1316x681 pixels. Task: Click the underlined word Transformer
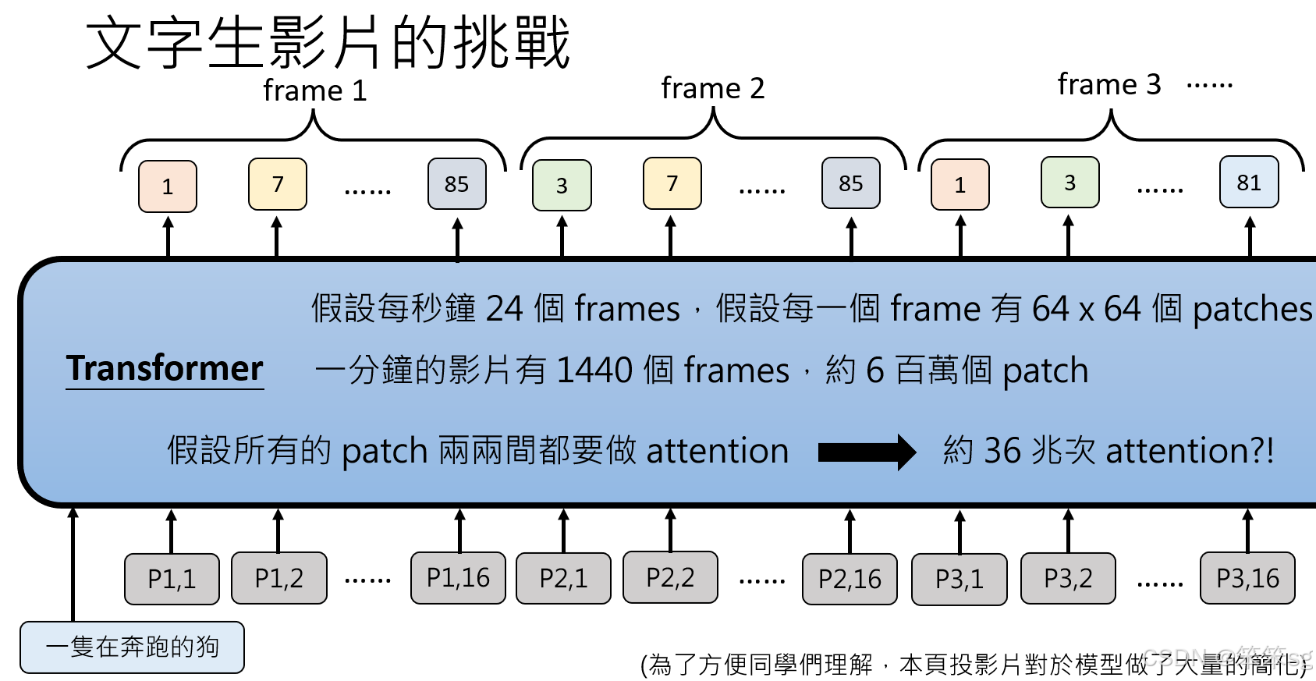tap(165, 368)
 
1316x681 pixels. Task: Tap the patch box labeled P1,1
tap(172, 579)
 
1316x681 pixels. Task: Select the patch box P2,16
tap(850, 579)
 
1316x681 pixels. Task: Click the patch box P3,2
tap(1068, 579)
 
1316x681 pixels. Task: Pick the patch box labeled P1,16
tap(458, 578)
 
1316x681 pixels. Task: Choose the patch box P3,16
tap(1247, 578)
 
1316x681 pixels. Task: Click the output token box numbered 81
tap(1249, 183)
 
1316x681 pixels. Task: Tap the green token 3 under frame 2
tap(562, 186)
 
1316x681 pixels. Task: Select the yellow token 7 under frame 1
tap(278, 184)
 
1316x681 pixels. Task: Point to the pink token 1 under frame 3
tap(960, 185)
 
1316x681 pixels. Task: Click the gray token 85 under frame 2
tap(850, 183)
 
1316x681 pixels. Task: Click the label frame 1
tap(314, 90)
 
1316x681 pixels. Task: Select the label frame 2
tap(712, 88)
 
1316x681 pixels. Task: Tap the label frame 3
tap(1108, 84)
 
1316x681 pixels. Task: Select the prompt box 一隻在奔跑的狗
tap(132, 647)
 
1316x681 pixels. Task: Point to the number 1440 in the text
tap(595, 370)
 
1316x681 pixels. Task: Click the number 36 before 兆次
tap(1002, 451)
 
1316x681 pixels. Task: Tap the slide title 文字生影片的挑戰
tap(328, 43)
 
